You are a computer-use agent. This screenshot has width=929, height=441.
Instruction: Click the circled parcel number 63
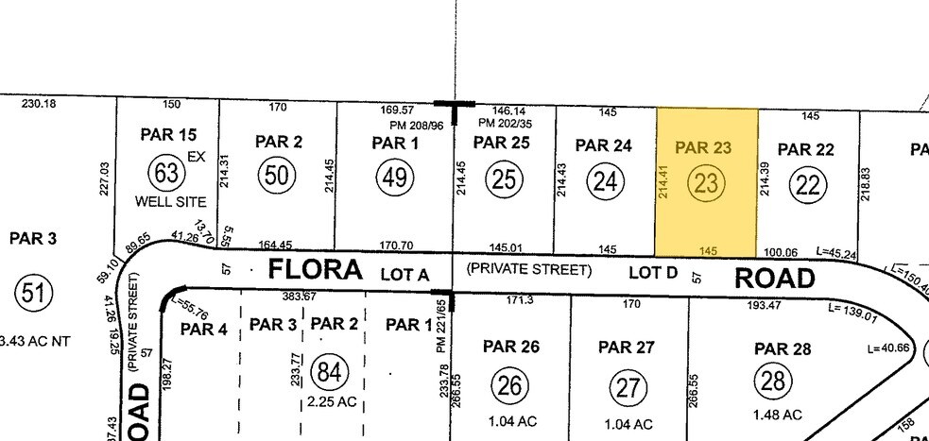point(167,174)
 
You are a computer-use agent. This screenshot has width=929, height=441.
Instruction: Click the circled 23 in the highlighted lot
point(706,184)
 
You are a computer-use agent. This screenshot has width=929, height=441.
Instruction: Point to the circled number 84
point(328,372)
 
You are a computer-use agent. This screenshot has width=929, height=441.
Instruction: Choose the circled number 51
point(30,295)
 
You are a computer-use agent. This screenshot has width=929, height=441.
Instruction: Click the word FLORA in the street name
point(315,270)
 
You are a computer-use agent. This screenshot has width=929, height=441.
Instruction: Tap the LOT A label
point(404,274)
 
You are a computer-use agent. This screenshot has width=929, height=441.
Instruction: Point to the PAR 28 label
point(783,349)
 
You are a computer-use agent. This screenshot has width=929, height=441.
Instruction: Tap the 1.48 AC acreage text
point(777,415)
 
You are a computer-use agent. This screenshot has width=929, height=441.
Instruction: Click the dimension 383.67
point(299,297)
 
